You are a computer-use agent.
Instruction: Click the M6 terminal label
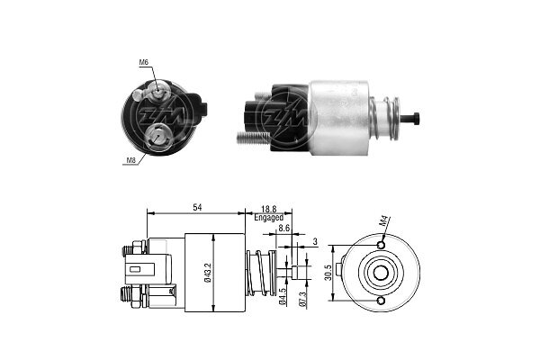pyautogui.click(x=143, y=62)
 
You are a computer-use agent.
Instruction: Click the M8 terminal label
pyautogui.click(x=130, y=160)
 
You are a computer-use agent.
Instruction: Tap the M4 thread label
pyautogui.click(x=385, y=220)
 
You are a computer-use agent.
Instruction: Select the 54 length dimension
pyautogui.click(x=197, y=207)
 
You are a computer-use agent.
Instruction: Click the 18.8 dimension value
pyautogui.click(x=268, y=209)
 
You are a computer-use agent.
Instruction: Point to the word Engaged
pyautogui.click(x=268, y=218)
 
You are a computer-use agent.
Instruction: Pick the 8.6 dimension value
pyautogui.click(x=284, y=228)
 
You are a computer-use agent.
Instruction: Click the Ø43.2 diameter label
pyautogui.click(x=208, y=272)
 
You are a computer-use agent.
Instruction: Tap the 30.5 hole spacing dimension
pyautogui.click(x=328, y=273)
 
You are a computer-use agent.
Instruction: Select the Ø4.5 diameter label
pyautogui.click(x=283, y=296)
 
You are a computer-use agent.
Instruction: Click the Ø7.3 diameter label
pyautogui.click(x=302, y=298)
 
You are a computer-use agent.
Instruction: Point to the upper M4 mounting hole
pyautogui.click(x=382, y=246)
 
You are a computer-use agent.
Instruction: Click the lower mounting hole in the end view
pyautogui.click(x=381, y=301)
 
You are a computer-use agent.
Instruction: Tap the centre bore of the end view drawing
pyautogui.click(x=381, y=273)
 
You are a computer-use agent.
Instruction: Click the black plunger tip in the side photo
pyautogui.click(x=411, y=118)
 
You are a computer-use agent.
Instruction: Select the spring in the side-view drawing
pyautogui.click(x=262, y=273)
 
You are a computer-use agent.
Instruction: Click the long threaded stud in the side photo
pyautogui.click(x=253, y=138)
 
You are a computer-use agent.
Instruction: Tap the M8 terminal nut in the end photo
pyautogui.click(x=157, y=138)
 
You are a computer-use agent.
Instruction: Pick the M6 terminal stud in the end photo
pyautogui.click(x=157, y=93)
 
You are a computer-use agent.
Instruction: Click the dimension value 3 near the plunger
pyautogui.click(x=315, y=242)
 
